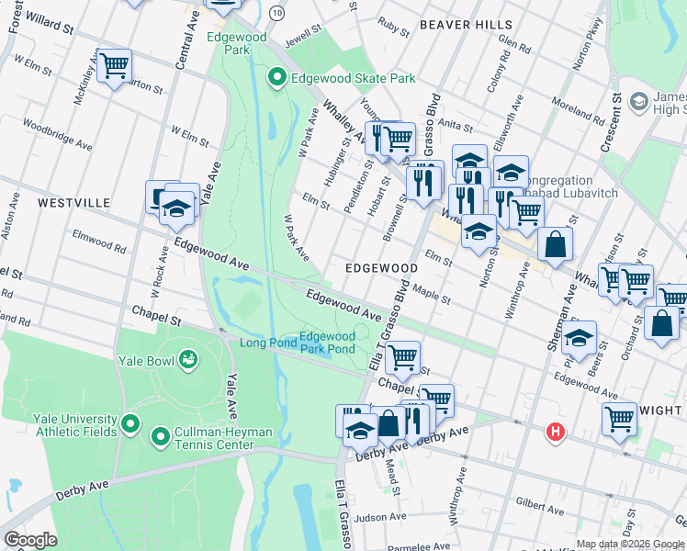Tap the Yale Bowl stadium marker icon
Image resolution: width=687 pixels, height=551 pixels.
(x=189, y=358)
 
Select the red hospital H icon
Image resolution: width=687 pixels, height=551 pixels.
(x=555, y=431)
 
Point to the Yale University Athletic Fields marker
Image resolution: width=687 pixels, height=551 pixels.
(x=130, y=424)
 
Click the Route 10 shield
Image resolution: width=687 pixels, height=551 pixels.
(x=276, y=13)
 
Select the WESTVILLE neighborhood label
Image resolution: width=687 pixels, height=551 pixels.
(x=73, y=202)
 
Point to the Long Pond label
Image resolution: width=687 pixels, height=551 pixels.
(x=267, y=343)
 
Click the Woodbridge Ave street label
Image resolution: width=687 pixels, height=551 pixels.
(x=57, y=134)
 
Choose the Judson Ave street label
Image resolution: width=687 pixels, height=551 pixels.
(x=380, y=518)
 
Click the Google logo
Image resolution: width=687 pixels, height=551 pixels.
(x=29, y=540)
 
